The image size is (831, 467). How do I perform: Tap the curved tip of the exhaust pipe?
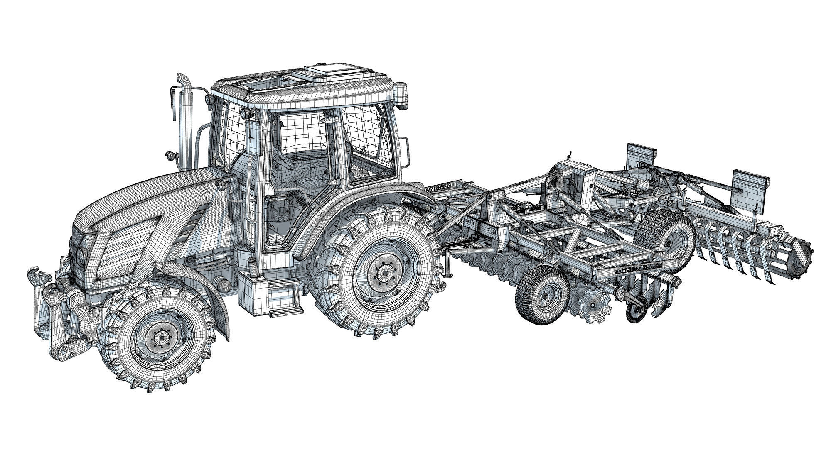coord(182,79)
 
